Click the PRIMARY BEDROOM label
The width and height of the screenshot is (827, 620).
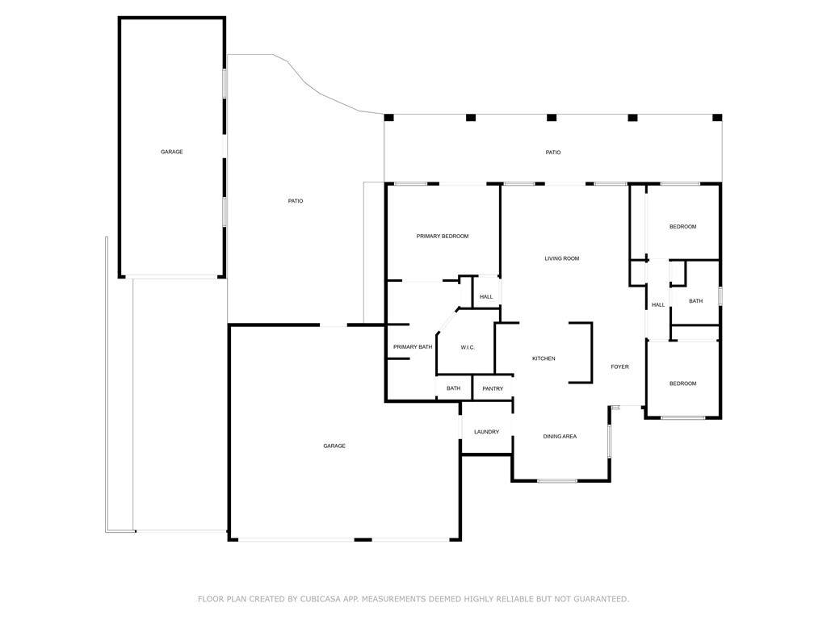pos(443,237)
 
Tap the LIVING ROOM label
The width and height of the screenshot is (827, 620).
pos(562,258)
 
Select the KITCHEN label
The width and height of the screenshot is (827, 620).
pos(544,358)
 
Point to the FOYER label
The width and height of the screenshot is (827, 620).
pos(619,367)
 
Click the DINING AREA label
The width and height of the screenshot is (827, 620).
pos(560,437)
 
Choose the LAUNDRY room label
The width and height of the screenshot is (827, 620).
pos(486,432)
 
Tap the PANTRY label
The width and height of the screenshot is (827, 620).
pos(493,388)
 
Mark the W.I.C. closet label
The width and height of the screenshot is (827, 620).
pos(468,347)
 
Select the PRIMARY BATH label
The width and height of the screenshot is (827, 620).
pos(413,347)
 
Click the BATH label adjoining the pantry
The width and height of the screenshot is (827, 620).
pos(454,388)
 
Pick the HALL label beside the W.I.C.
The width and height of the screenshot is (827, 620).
pos(486,297)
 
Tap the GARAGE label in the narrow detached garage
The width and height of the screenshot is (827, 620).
pos(172,152)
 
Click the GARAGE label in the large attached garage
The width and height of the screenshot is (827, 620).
pos(334,446)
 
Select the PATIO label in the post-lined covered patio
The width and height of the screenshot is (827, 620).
pos(553,153)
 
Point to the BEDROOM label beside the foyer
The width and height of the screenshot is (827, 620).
pos(683,383)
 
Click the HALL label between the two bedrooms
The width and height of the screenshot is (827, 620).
pos(658,304)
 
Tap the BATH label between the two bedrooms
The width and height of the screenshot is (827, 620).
pos(695,301)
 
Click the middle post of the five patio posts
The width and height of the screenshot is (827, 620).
pos(552,118)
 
